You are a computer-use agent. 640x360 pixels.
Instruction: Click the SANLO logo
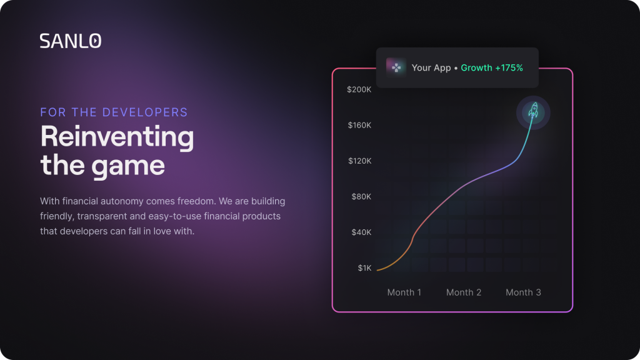click(x=71, y=41)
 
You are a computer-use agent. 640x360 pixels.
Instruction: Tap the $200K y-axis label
click(x=359, y=89)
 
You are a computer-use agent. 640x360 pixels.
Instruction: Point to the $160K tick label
click(x=359, y=125)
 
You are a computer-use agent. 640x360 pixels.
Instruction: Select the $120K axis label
click(x=359, y=161)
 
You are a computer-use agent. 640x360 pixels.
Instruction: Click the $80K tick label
click(x=361, y=197)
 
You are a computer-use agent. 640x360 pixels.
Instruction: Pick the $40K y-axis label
click(x=361, y=232)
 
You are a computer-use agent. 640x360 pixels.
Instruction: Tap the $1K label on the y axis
click(x=364, y=267)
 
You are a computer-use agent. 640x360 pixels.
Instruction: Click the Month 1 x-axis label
click(x=404, y=292)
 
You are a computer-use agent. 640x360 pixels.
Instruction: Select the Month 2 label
click(x=464, y=292)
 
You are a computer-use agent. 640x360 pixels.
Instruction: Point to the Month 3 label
click(x=523, y=292)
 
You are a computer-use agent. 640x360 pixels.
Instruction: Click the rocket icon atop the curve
click(x=534, y=111)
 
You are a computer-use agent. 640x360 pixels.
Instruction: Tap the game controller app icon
click(x=396, y=67)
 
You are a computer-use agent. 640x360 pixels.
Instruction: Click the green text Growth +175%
click(x=492, y=67)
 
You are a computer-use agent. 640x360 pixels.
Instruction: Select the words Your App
click(x=431, y=67)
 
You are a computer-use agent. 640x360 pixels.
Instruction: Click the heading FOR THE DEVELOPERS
click(x=114, y=112)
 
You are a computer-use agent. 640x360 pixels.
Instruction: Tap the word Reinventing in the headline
click(x=117, y=137)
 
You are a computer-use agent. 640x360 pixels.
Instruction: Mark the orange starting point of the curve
click(x=377, y=270)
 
